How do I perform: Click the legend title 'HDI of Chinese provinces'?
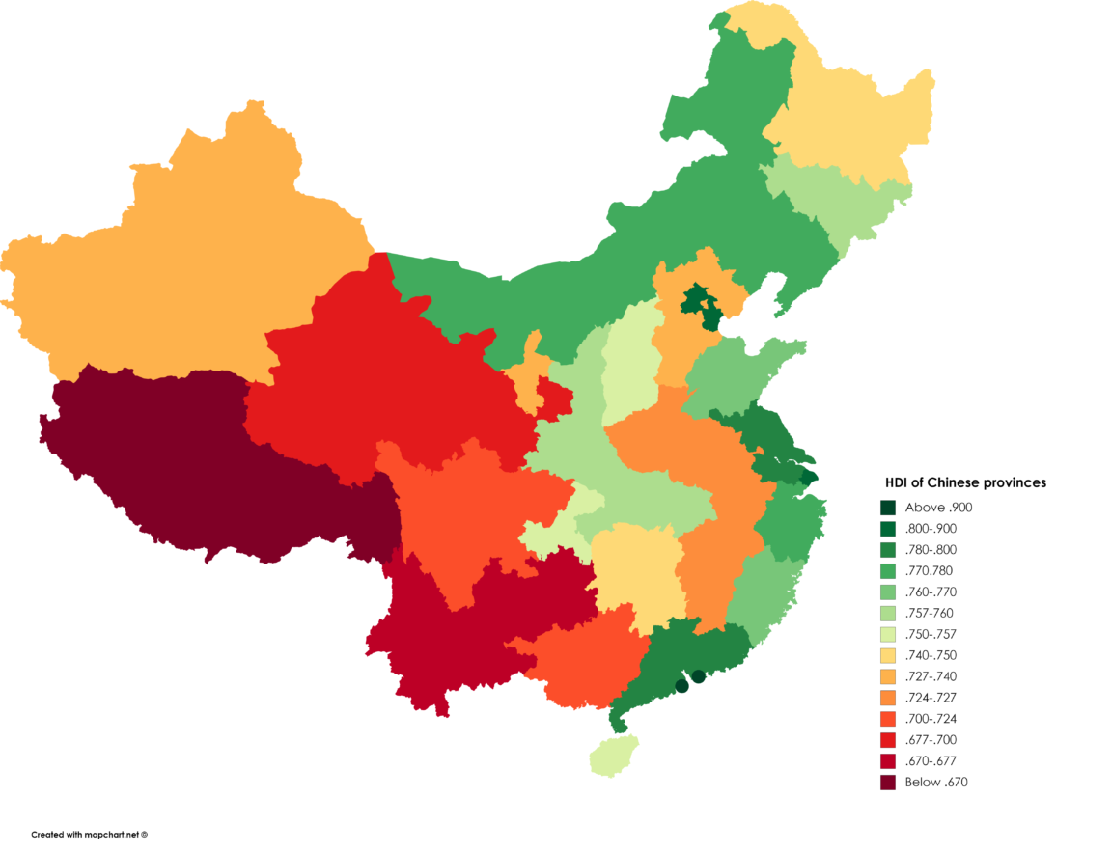(x=966, y=482)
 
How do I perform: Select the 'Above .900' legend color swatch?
(x=888, y=508)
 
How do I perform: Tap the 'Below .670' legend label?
(x=935, y=783)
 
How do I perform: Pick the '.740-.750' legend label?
(x=931, y=655)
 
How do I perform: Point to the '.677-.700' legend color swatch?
(x=888, y=740)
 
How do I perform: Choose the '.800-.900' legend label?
(x=931, y=529)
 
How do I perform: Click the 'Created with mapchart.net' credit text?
(x=89, y=834)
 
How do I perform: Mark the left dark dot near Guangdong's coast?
(x=681, y=686)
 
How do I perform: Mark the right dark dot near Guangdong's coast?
(x=699, y=675)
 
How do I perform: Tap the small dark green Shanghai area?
(x=809, y=477)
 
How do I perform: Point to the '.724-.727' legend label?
(x=931, y=698)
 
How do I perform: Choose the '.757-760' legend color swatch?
(x=888, y=613)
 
